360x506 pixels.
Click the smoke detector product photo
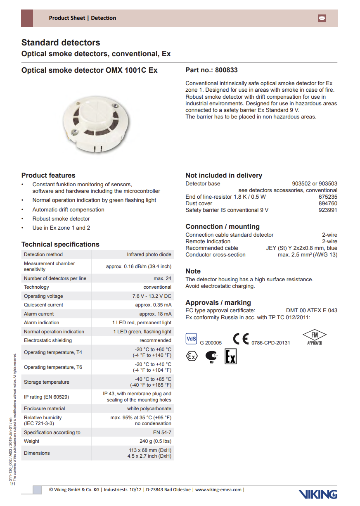coord(96,124)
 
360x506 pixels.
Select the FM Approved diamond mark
coord(315,337)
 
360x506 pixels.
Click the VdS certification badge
coord(192,339)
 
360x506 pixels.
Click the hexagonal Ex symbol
coord(191,356)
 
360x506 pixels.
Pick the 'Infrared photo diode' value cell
coord(149,254)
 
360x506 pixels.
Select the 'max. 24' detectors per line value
coord(162,278)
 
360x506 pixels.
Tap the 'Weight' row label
coord(32,441)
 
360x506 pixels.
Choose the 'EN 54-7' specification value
coord(162,432)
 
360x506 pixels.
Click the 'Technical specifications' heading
coord(60,244)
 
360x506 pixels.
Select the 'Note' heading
coord(193,271)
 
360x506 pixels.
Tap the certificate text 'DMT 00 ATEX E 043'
coord(311,310)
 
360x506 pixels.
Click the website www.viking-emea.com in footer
coord(218,489)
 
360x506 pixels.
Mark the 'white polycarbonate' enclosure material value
coord(149,409)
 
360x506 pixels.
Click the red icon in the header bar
coord(322,18)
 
